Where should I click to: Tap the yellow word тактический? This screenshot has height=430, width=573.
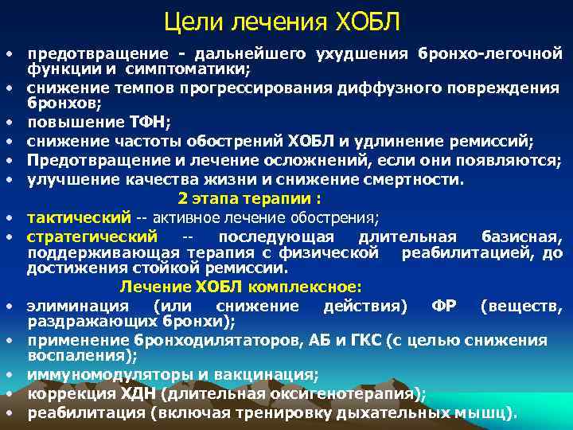pos(78,217)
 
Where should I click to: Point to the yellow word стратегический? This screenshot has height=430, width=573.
pos(92,236)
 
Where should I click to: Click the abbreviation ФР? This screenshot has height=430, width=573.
pos(443,307)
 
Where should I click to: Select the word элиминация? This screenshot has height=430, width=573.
pos(76,307)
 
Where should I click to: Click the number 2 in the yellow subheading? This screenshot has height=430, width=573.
pos(182,198)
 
